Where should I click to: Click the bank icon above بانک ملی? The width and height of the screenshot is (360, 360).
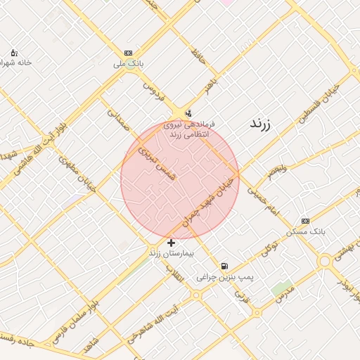128,53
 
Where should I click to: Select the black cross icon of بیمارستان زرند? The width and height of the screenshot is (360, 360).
171,243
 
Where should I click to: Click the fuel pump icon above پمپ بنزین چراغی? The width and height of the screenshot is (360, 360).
224,266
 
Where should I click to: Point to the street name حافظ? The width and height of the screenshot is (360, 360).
198,58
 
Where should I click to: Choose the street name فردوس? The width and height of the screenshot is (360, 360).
153,91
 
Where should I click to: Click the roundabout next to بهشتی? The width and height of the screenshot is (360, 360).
324,262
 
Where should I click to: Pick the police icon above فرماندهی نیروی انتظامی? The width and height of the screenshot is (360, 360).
188,113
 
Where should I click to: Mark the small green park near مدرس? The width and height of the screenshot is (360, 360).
282,288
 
